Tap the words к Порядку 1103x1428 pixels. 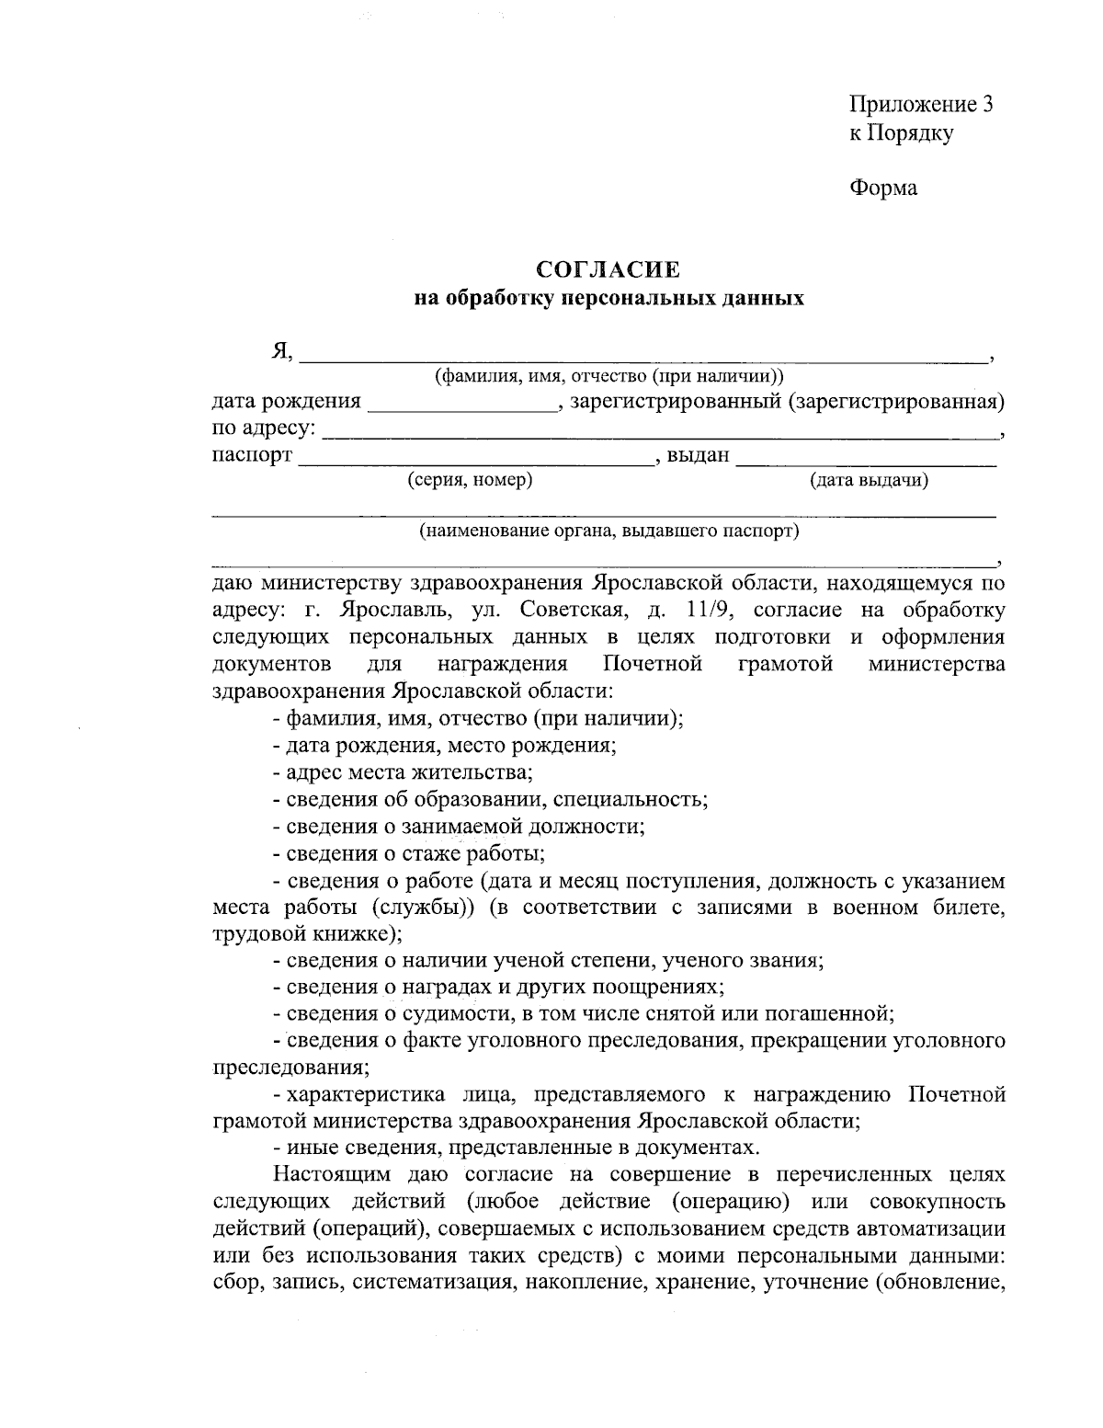tap(900, 133)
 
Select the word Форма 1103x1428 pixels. tap(882, 188)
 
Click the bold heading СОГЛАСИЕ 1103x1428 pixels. tap(608, 269)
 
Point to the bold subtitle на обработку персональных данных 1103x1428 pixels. tap(608, 298)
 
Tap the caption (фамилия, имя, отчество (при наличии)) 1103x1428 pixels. tap(608, 376)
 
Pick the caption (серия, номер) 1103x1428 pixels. tap(470, 479)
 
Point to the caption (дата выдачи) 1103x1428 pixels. tap(868, 479)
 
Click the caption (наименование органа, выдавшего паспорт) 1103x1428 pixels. tap(608, 531)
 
